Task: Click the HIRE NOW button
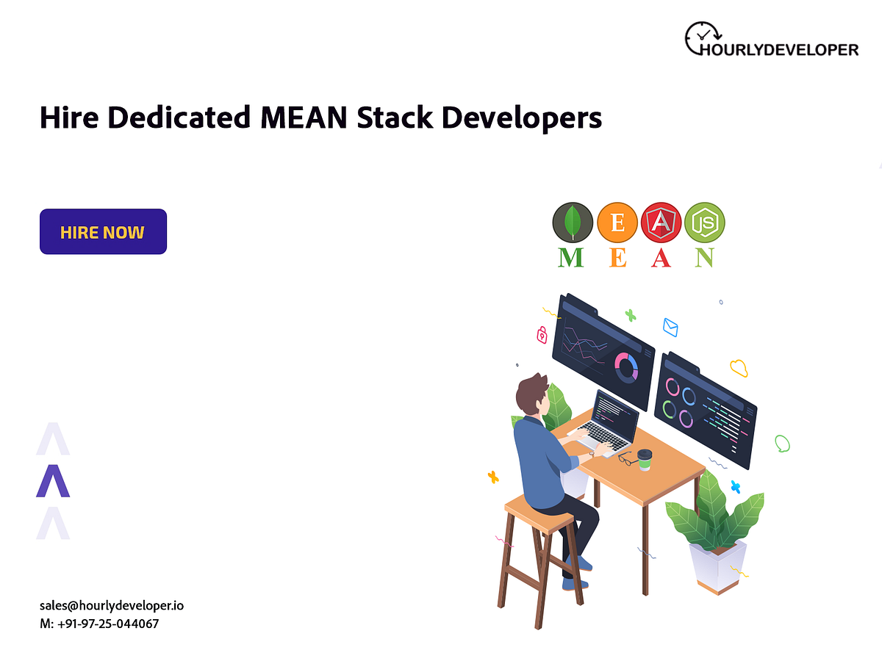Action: [103, 232]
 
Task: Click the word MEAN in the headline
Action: [304, 118]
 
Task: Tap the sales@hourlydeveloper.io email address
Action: [112, 606]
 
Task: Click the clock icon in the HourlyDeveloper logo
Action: [703, 37]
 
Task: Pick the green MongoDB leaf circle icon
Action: [573, 222]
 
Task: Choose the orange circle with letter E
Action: [617, 222]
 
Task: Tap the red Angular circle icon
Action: [661, 222]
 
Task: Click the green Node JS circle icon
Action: [704, 222]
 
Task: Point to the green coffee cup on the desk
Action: [645, 460]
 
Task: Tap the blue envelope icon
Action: [670, 327]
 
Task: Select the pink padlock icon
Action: [542, 335]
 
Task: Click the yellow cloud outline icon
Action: [739, 367]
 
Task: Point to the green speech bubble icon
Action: [782, 443]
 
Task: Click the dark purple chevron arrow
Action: [53, 481]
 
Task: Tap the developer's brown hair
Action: [531, 394]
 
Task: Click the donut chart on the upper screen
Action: [626, 366]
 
